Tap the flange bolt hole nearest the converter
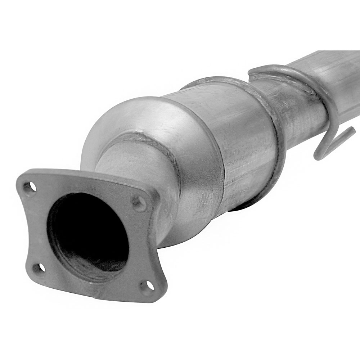click(x=138, y=203)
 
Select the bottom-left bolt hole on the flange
click(x=39, y=268)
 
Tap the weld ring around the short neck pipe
click(x=144, y=140)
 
